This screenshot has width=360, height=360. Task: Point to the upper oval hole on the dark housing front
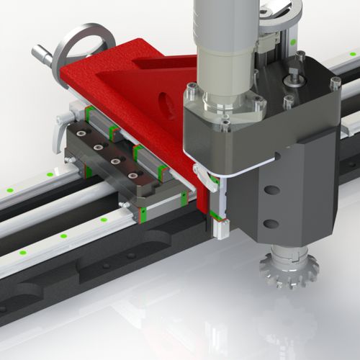(x=272, y=191)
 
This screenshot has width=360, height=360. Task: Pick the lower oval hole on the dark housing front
(x=271, y=223)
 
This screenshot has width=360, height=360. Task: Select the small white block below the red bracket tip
(x=220, y=228)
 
